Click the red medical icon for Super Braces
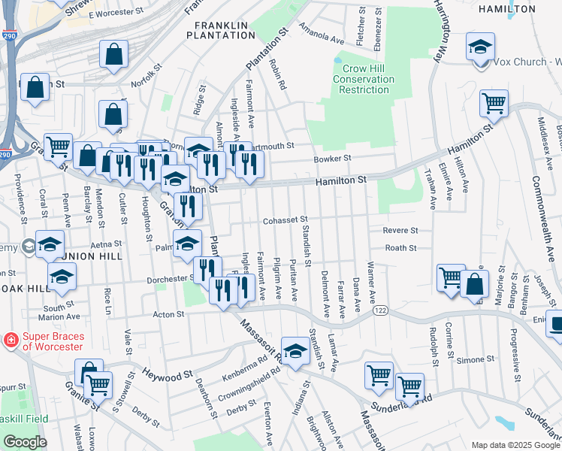coord(11,341)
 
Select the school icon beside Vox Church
coord(480,48)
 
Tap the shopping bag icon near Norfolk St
coord(113,56)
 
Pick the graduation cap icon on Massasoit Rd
coord(295,351)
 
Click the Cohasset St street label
coord(285,221)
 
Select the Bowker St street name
coord(332,159)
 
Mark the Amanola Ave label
coord(315,34)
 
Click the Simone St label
coord(475,360)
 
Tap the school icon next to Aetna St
coord(50,245)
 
